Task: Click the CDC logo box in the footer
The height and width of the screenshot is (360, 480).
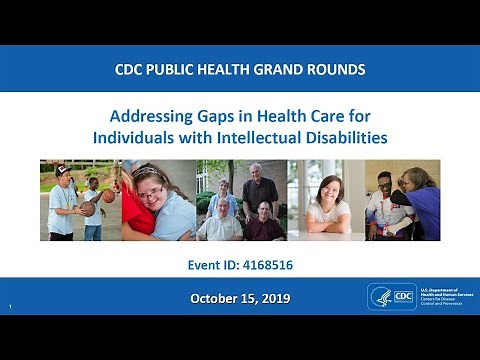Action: pyautogui.click(x=401, y=297)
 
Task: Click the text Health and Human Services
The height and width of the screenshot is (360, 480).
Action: pyautogui.click(x=441, y=296)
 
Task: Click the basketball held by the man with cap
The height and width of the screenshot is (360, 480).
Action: pyautogui.click(x=88, y=209)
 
